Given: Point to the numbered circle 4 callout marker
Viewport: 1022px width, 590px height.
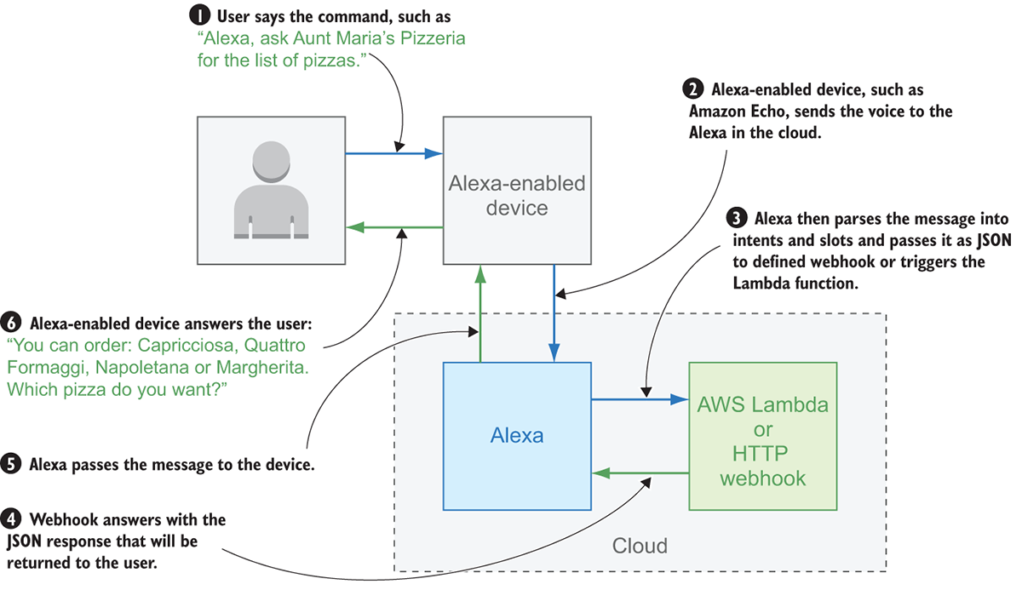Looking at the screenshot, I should (12, 518).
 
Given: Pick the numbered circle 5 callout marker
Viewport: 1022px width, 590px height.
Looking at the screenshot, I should (12, 465).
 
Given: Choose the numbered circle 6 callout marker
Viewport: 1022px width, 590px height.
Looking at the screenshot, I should (12, 324).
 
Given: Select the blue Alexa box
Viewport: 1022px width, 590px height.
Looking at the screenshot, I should (517, 435).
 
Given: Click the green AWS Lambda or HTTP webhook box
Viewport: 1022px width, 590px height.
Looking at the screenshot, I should (762, 435).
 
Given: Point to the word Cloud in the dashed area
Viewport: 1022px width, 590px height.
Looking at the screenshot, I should (640, 545).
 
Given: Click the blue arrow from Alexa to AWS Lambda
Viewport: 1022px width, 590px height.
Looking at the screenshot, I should (640, 398).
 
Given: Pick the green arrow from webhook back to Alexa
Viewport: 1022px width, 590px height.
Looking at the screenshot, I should (640, 472).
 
